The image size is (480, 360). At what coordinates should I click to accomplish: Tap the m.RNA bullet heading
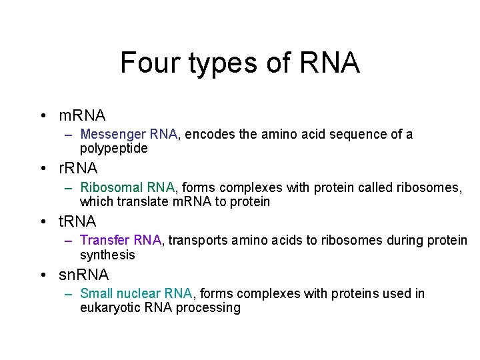pos(82,115)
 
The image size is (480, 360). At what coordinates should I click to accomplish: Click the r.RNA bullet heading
pos(78,168)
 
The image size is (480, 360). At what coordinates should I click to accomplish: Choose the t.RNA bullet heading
pos(77,221)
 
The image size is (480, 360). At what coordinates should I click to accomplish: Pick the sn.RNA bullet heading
pos(83,274)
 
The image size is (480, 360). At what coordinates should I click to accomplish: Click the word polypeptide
pos(113,149)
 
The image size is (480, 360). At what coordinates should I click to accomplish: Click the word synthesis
pos(107,255)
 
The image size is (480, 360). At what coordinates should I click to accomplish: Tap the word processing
pos(208,308)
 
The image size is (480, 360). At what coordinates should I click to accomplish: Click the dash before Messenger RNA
pos(69,135)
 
